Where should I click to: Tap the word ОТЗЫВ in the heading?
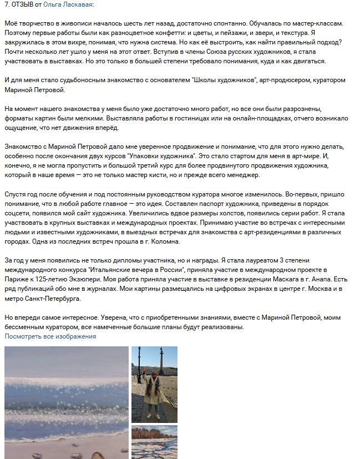point(24,4)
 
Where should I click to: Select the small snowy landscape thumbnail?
point(154,442)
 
